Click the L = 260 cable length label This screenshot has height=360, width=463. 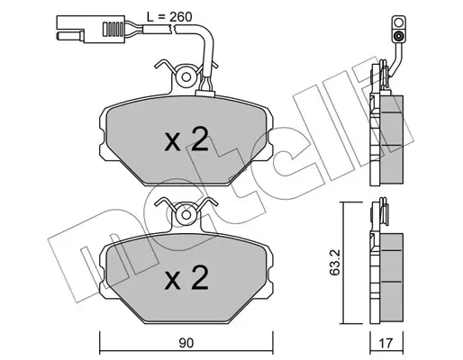(x=169, y=17)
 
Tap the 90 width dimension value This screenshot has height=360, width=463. (x=186, y=343)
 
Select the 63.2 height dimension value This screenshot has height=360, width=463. (x=334, y=262)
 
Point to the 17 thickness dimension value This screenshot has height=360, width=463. (x=386, y=343)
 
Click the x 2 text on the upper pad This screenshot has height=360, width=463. (x=186, y=139)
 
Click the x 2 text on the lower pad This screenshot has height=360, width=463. (x=186, y=278)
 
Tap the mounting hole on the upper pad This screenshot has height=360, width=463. (x=186, y=77)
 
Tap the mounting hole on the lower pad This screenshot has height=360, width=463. (x=186, y=215)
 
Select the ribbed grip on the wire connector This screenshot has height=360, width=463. (x=113, y=29)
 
